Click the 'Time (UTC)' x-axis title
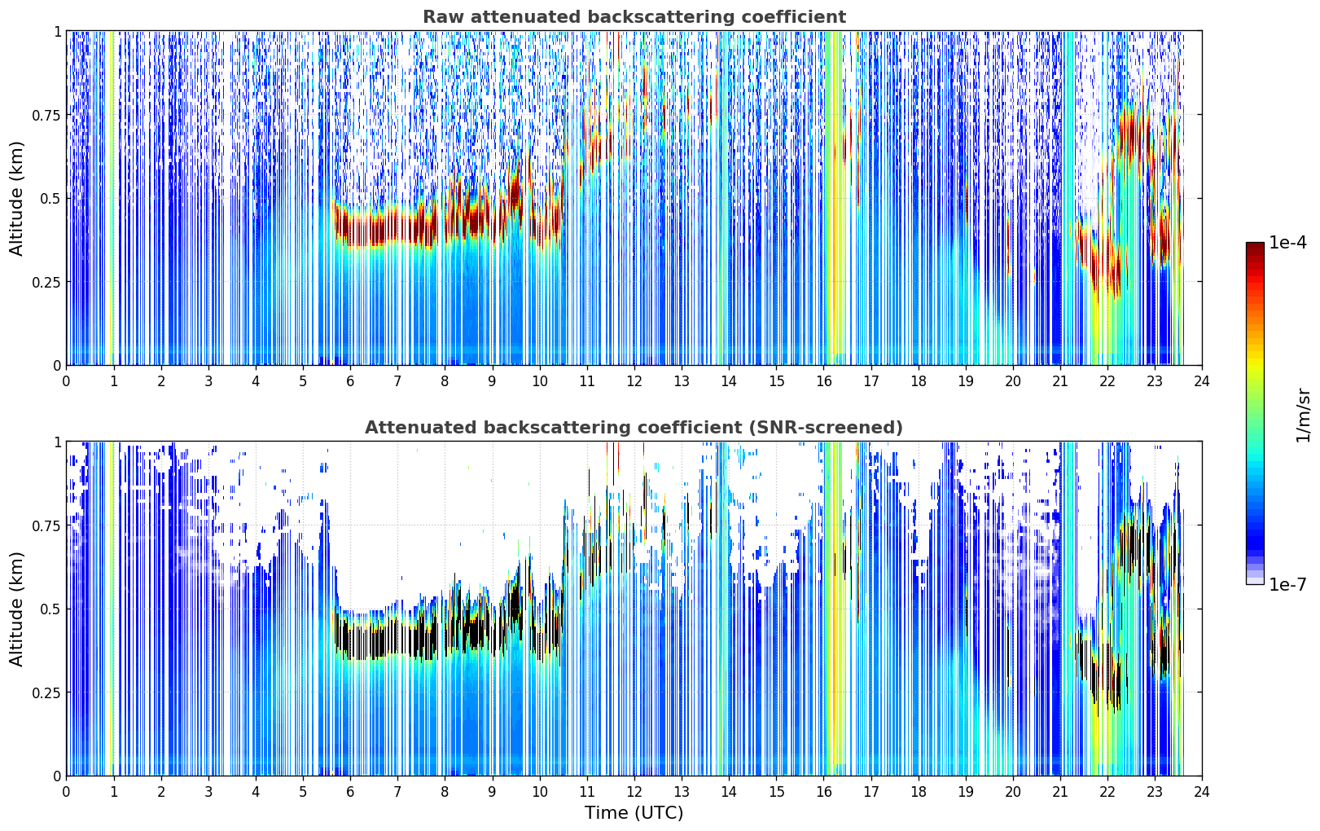point(634,813)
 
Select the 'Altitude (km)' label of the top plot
point(16,198)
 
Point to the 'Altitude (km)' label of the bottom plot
point(16,609)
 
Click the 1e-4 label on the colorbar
point(1287,243)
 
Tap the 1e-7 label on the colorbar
point(1287,585)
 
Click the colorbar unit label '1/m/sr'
point(1303,415)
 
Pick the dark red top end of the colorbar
point(1255,245)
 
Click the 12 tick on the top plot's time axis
point(634,381)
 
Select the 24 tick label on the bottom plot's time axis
point(1202,792)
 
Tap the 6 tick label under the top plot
point(350,381)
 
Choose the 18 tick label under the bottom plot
point(918,792)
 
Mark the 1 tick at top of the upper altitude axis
point(58,31)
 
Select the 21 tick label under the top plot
point(1060,381)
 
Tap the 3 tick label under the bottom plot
point(208,792)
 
